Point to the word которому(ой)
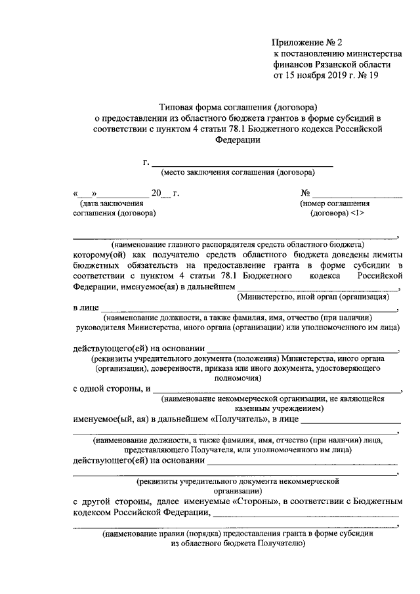98,253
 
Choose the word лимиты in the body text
383,253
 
